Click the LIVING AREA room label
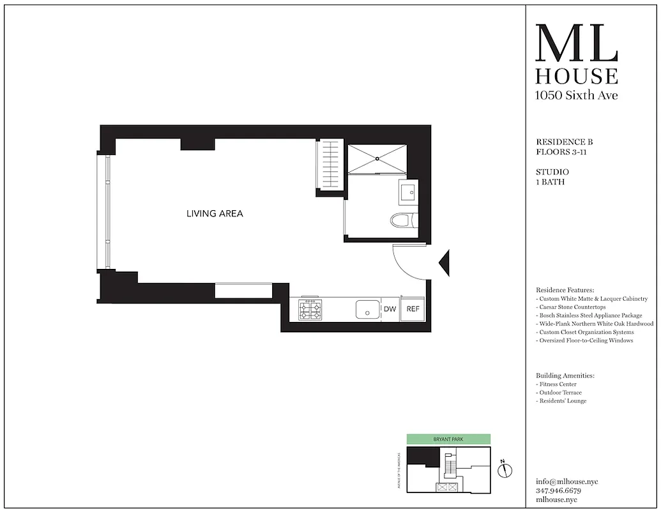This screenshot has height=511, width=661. (x=215, y=214)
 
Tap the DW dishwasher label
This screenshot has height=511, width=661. (x=390, y=310)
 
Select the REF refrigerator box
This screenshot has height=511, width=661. (x=413, y=309)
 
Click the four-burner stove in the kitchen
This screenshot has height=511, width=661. (x=310, y=310)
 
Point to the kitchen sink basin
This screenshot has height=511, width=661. (x=367, y=310)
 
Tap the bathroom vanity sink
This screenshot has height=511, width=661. (x=408, y=190)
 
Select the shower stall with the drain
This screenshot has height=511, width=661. (x=377, y=158)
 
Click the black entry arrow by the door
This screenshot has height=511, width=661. (x=446, y=261)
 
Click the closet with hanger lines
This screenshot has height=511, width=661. (x=330, y=165)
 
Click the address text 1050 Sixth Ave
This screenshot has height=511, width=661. (x=576, y=96)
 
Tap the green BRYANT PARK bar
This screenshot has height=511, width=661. (x=448, y=439)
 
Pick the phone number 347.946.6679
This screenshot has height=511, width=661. (x=559, y=491)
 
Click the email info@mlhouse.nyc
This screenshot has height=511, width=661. (x=566, y=482)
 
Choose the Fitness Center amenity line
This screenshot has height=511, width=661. (x=557, y=385)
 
